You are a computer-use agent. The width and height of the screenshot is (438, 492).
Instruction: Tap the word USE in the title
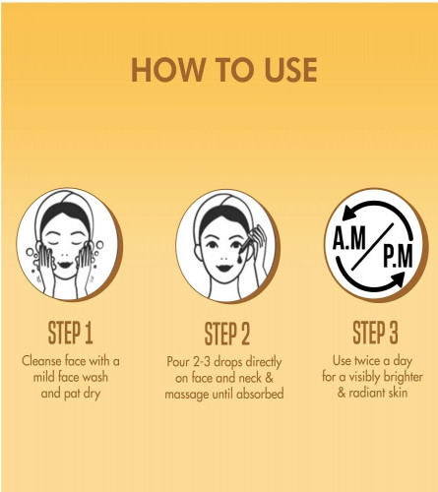coord(291,70)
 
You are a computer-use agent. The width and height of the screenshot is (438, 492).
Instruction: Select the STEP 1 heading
coord(71,333)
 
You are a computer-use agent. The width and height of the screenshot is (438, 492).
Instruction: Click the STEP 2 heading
coord(227,334)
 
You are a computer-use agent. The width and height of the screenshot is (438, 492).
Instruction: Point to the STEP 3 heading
coord(375,333)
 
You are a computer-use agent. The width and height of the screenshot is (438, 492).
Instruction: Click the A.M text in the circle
coord(349,238)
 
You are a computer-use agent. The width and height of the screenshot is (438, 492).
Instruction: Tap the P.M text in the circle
coord(398,256)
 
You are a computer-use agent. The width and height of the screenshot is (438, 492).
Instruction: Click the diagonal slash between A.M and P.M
coord(372,247)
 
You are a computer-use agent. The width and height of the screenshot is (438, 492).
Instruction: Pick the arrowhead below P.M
coord(398,279)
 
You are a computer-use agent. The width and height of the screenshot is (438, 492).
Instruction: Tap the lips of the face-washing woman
coord(65,264)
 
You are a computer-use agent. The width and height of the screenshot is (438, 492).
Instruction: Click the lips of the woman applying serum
coord(224,268)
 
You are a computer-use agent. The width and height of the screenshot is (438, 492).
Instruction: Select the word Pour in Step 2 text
coord(178,362)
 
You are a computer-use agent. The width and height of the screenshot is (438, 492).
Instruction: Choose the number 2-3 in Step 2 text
coord(202,362)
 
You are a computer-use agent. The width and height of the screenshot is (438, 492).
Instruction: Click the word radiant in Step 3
coord(366,393)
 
